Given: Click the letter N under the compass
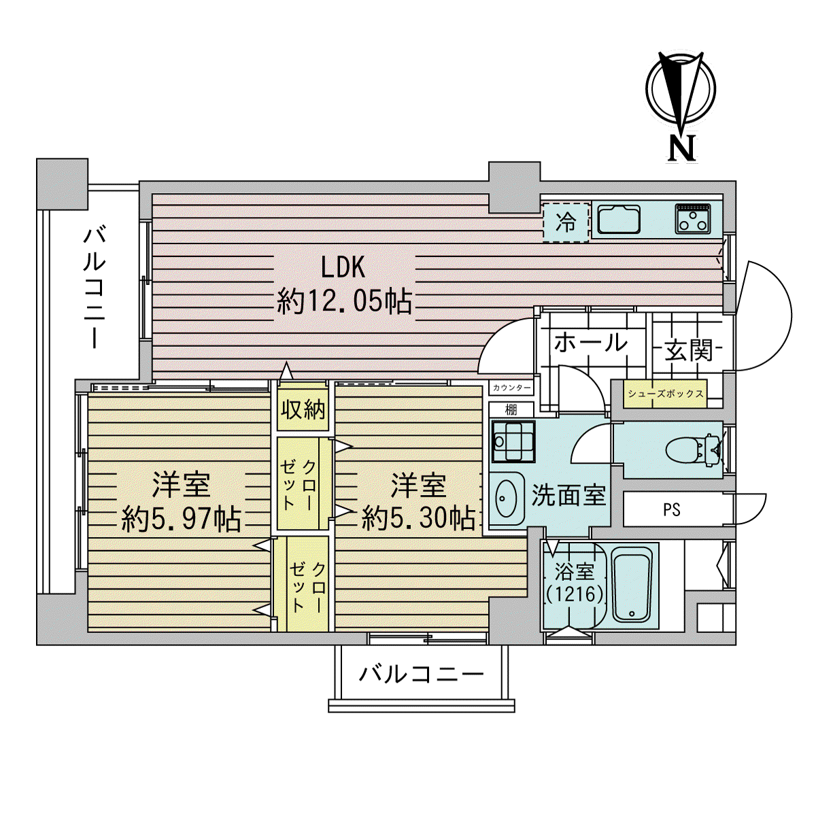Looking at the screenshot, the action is point(682,149).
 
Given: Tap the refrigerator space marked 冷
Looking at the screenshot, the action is point(566,222).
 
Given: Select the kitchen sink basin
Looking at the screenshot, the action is point(619,220).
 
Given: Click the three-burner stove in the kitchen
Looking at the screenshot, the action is point(693,219).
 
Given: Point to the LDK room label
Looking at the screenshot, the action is point(343,267).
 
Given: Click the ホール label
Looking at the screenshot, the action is point(591,342).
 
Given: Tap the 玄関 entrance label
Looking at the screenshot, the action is point(689,350).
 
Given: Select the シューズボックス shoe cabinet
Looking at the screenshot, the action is point(665,394).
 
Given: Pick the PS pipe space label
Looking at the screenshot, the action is point(672,509).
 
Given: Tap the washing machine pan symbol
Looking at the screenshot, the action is point(513,441).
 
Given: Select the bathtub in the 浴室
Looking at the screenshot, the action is point(631,585).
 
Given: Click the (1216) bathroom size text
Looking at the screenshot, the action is point(574,594).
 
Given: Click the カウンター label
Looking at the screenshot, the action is point(511,388).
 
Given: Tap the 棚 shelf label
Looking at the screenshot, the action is point(511,409).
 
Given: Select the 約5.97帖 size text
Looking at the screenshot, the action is point(182,519).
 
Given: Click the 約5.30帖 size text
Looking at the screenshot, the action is point(418,518).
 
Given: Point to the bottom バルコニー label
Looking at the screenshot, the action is point(422,674).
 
